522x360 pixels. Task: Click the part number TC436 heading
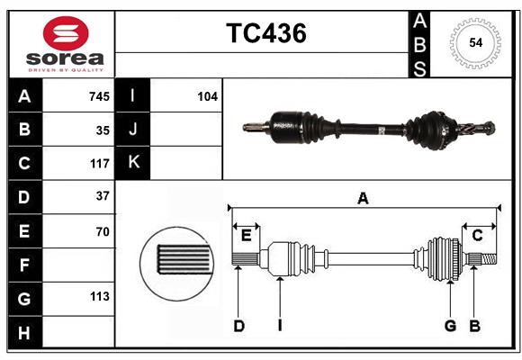265,33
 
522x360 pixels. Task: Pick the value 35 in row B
103,130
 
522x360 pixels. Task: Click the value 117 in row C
98,164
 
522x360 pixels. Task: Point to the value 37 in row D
103,196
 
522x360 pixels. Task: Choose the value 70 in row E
103,231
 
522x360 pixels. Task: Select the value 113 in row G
98,297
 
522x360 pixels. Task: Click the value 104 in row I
207,96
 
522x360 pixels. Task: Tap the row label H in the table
24,332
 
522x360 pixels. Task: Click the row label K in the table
133,163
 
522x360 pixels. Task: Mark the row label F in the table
24,265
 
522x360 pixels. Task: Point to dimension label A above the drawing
363,199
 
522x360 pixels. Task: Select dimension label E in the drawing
247,236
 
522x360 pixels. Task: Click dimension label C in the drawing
477,236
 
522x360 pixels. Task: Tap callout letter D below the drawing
239,326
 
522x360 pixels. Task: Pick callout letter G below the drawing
450,326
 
